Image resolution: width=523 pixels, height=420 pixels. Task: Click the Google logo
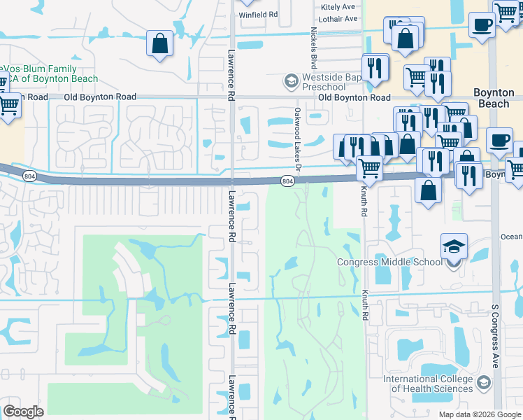[x=23, y=412]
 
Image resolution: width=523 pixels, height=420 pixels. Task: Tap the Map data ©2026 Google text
[x=480, y=414]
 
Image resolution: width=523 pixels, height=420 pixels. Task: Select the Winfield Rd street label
[x=259, y=14]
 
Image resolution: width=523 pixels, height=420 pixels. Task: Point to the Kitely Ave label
[x=339, y=7]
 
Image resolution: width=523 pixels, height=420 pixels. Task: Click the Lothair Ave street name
[x=339, y=18]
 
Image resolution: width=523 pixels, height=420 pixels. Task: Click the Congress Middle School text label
[x=389, y=262]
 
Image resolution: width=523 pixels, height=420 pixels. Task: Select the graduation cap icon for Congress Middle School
[x=453, y=247]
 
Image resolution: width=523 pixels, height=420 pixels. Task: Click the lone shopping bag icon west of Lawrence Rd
[x=160, y=43]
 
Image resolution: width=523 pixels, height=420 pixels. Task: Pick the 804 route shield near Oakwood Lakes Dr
[x=287, y=181]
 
